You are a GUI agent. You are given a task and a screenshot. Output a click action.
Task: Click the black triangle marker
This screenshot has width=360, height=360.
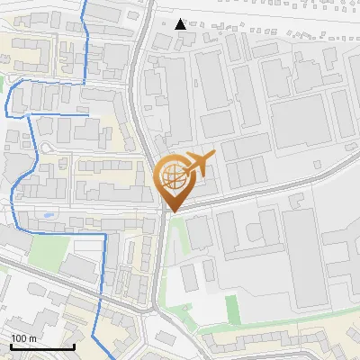coord(181,24)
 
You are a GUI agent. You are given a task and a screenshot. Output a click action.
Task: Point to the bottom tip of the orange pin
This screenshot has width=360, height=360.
coord(171,212)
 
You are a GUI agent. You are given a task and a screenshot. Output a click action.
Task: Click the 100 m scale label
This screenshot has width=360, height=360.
coord(23,338)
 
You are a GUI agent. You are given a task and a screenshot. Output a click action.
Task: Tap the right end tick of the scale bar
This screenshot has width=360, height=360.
coord(74,346)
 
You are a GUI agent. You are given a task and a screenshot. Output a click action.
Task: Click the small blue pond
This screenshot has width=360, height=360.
coord(47,216)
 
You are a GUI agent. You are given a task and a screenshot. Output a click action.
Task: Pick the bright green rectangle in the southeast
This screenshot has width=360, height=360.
coord(233,310)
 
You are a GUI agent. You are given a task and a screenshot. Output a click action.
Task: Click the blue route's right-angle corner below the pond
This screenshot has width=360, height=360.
coord(105,234)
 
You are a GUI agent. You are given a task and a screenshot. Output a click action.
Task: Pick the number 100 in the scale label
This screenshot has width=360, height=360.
coord(19,338)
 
